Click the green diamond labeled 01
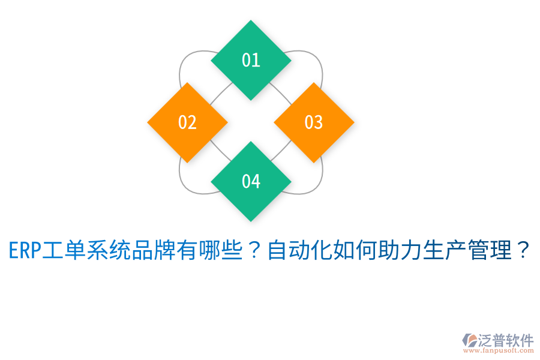pos(251,60)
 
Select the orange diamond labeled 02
pos(187,122)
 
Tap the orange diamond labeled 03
pos(314,122)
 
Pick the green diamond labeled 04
pos(251,181)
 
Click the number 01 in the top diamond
pos(251,60)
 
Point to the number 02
pos(187,122)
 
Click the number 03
pos(314,122)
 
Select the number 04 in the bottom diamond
pos(251,181)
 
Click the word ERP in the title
pos(25,250)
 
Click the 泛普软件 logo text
pos(505,340)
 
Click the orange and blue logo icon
pos(469,340)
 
